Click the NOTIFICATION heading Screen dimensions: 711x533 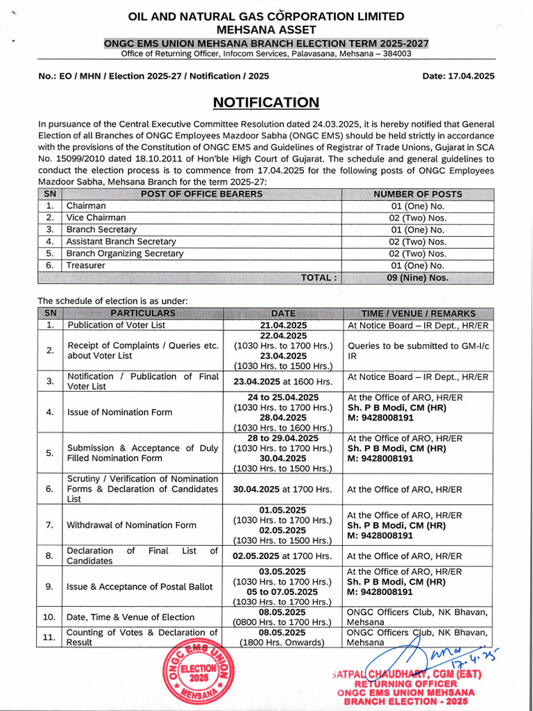click(266, 103)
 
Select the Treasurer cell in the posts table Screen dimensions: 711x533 click(86, 265)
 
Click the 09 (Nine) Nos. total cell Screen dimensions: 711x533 click(418, 278)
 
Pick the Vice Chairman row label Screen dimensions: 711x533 click(96, 217)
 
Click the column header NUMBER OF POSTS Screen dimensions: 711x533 click(418, 194)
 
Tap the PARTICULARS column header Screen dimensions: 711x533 click(143, 313)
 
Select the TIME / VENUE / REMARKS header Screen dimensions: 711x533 click(418, 313)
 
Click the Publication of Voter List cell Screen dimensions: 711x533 click(116, 325)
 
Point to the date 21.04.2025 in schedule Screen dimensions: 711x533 click(283, 325)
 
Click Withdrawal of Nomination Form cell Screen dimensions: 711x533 click(131, 525)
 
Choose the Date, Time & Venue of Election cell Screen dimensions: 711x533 click(130, 617)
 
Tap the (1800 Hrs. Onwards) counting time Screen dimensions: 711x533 click(282, 643)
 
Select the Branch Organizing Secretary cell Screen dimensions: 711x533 click(125, 253)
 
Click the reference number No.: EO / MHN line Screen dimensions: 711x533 click(153, 76)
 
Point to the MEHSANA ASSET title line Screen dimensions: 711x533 click(266, 29)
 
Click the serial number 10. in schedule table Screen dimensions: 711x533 click(49, 617)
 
